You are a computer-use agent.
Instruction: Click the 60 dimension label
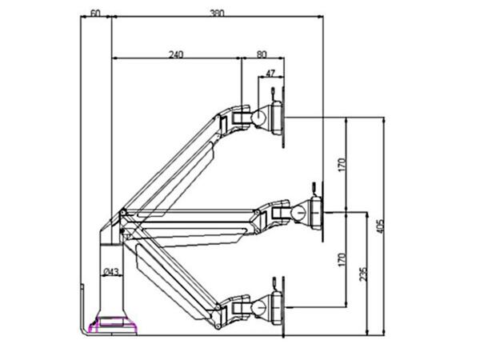(x=94, y=14)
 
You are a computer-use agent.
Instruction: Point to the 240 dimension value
(x=176, y=54)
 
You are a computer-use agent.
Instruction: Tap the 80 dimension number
(x=262, y=54)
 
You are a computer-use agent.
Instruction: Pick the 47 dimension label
(x=270, y=74)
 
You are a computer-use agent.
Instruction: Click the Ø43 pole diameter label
(x=111, y=273)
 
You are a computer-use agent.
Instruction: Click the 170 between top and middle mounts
(x=341, y=166)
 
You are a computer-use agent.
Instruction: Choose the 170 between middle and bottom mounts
(x=341, y=260)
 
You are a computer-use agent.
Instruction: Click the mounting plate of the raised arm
(x=278, y=118)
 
